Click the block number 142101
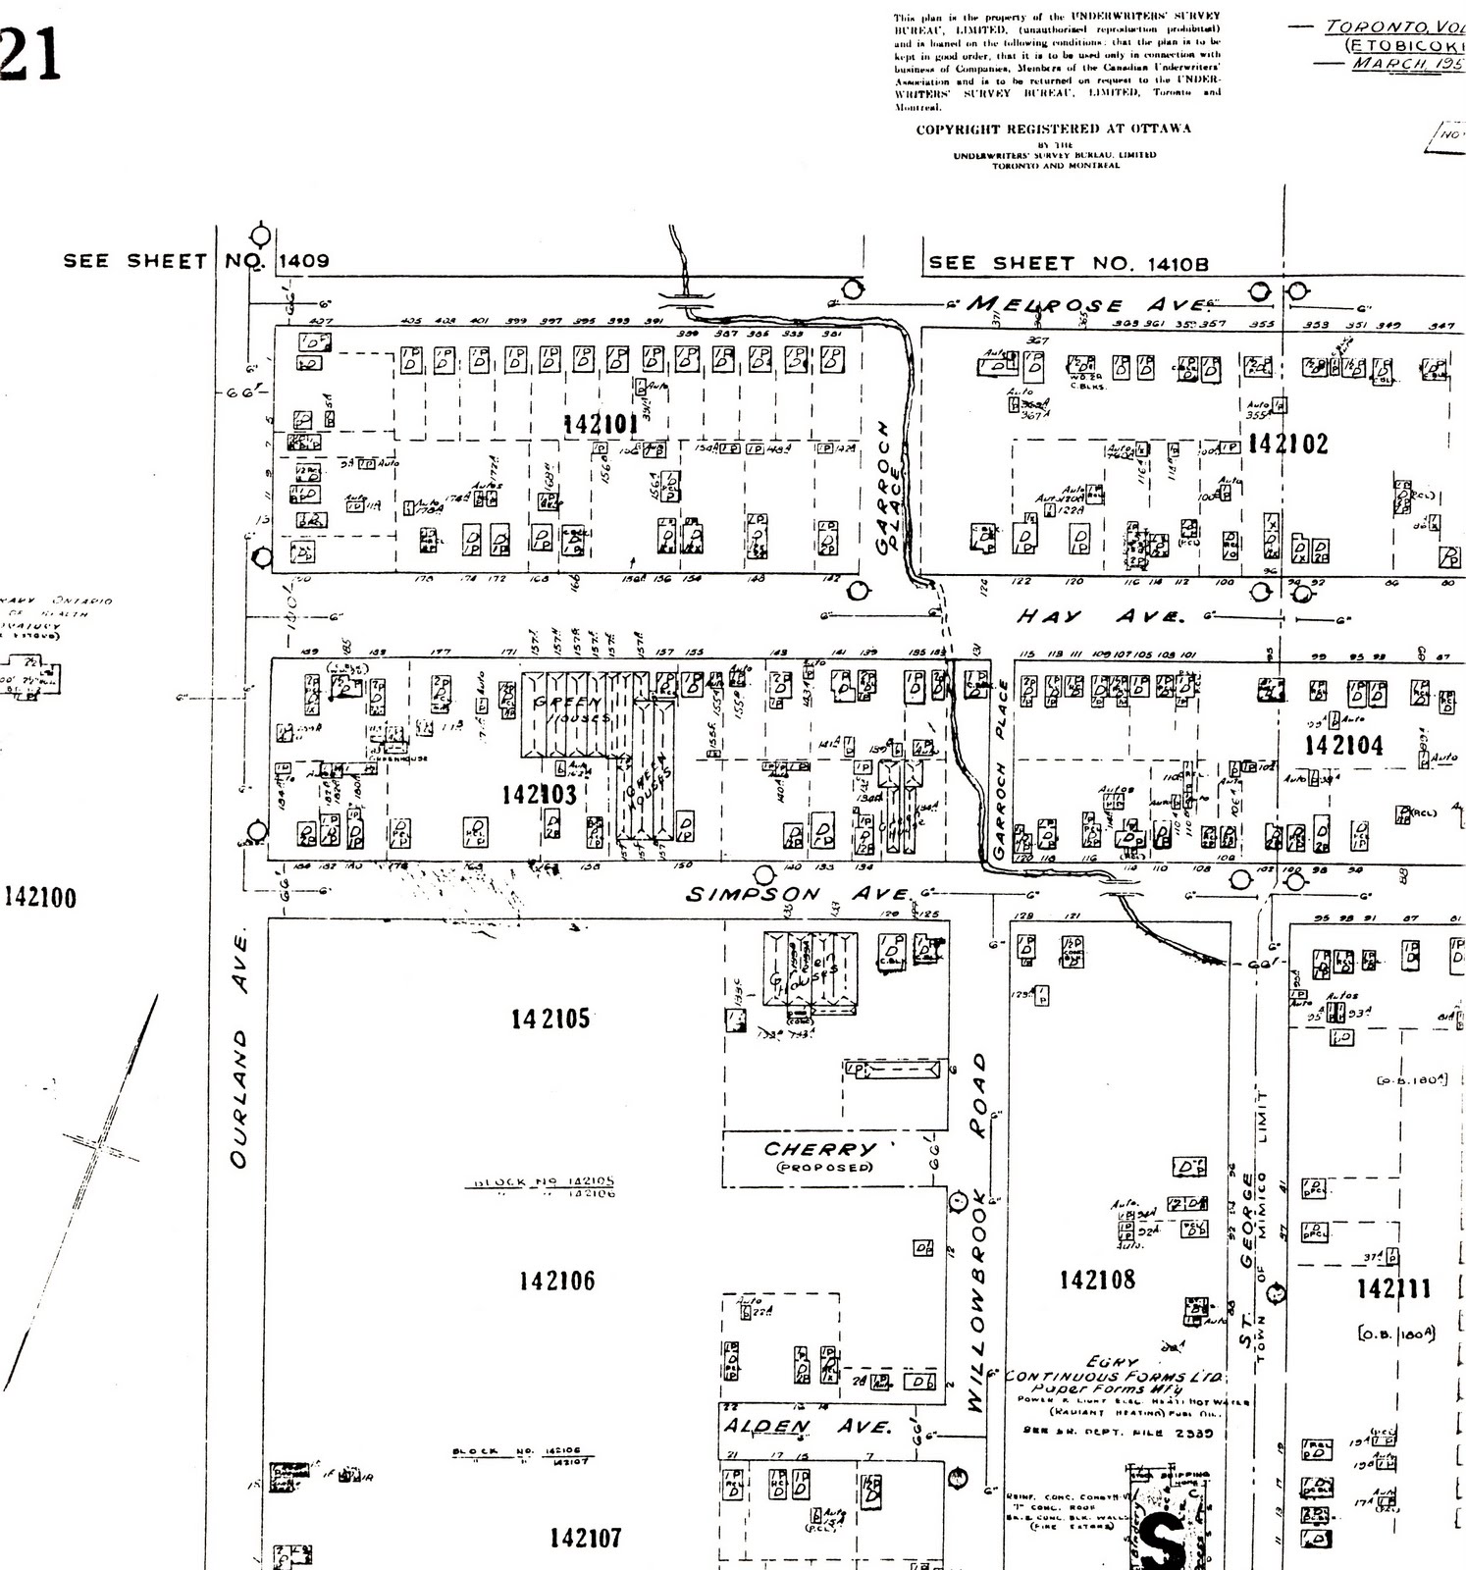(601, 424)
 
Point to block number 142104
(1343, 746)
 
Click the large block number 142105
(550, 1019)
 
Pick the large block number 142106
(556, 1281)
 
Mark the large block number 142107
(585, 1538)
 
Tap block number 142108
(1097, 1280)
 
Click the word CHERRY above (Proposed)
(820, 1149)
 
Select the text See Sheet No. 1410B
(1068, 263)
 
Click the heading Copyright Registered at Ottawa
(1053, 129)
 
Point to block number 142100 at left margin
(40, 898)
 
